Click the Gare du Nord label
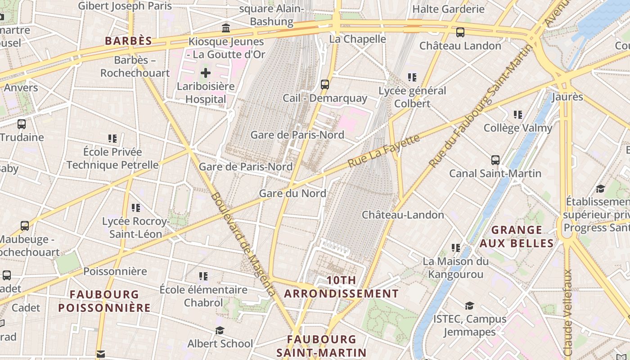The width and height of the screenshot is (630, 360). [x=292, y=193]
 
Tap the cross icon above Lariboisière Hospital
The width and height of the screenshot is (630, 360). [x=206, y=72]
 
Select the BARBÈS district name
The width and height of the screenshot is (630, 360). [x=128, y=41]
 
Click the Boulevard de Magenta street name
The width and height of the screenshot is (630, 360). [x=243, y=244]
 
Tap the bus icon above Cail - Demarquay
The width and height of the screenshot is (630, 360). [x=324, y=84]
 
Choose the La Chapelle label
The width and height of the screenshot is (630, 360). [x=358, y=39]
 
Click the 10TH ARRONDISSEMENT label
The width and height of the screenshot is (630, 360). [x=341, y=287]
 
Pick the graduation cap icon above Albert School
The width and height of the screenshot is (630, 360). [x=220, y=331]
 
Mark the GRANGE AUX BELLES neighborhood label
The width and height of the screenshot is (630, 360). [x=516, y=237]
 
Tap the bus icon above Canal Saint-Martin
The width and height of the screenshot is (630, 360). [x=495, y=160]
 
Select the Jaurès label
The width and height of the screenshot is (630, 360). [x=567, y=97]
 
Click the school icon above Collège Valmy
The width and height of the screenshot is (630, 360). [x=518, y=115]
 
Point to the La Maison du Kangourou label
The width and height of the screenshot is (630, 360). [x=455, y=268]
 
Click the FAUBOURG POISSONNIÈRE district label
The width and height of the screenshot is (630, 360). [x=104, y=301]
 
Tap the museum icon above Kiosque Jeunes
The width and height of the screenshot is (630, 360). [x=226, y=28]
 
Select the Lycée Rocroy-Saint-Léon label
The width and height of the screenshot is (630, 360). [x=136, y=228]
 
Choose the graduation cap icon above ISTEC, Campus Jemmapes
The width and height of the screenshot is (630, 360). [x=469, y=306]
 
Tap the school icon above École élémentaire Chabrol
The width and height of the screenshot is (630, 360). [x=203, y=276]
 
